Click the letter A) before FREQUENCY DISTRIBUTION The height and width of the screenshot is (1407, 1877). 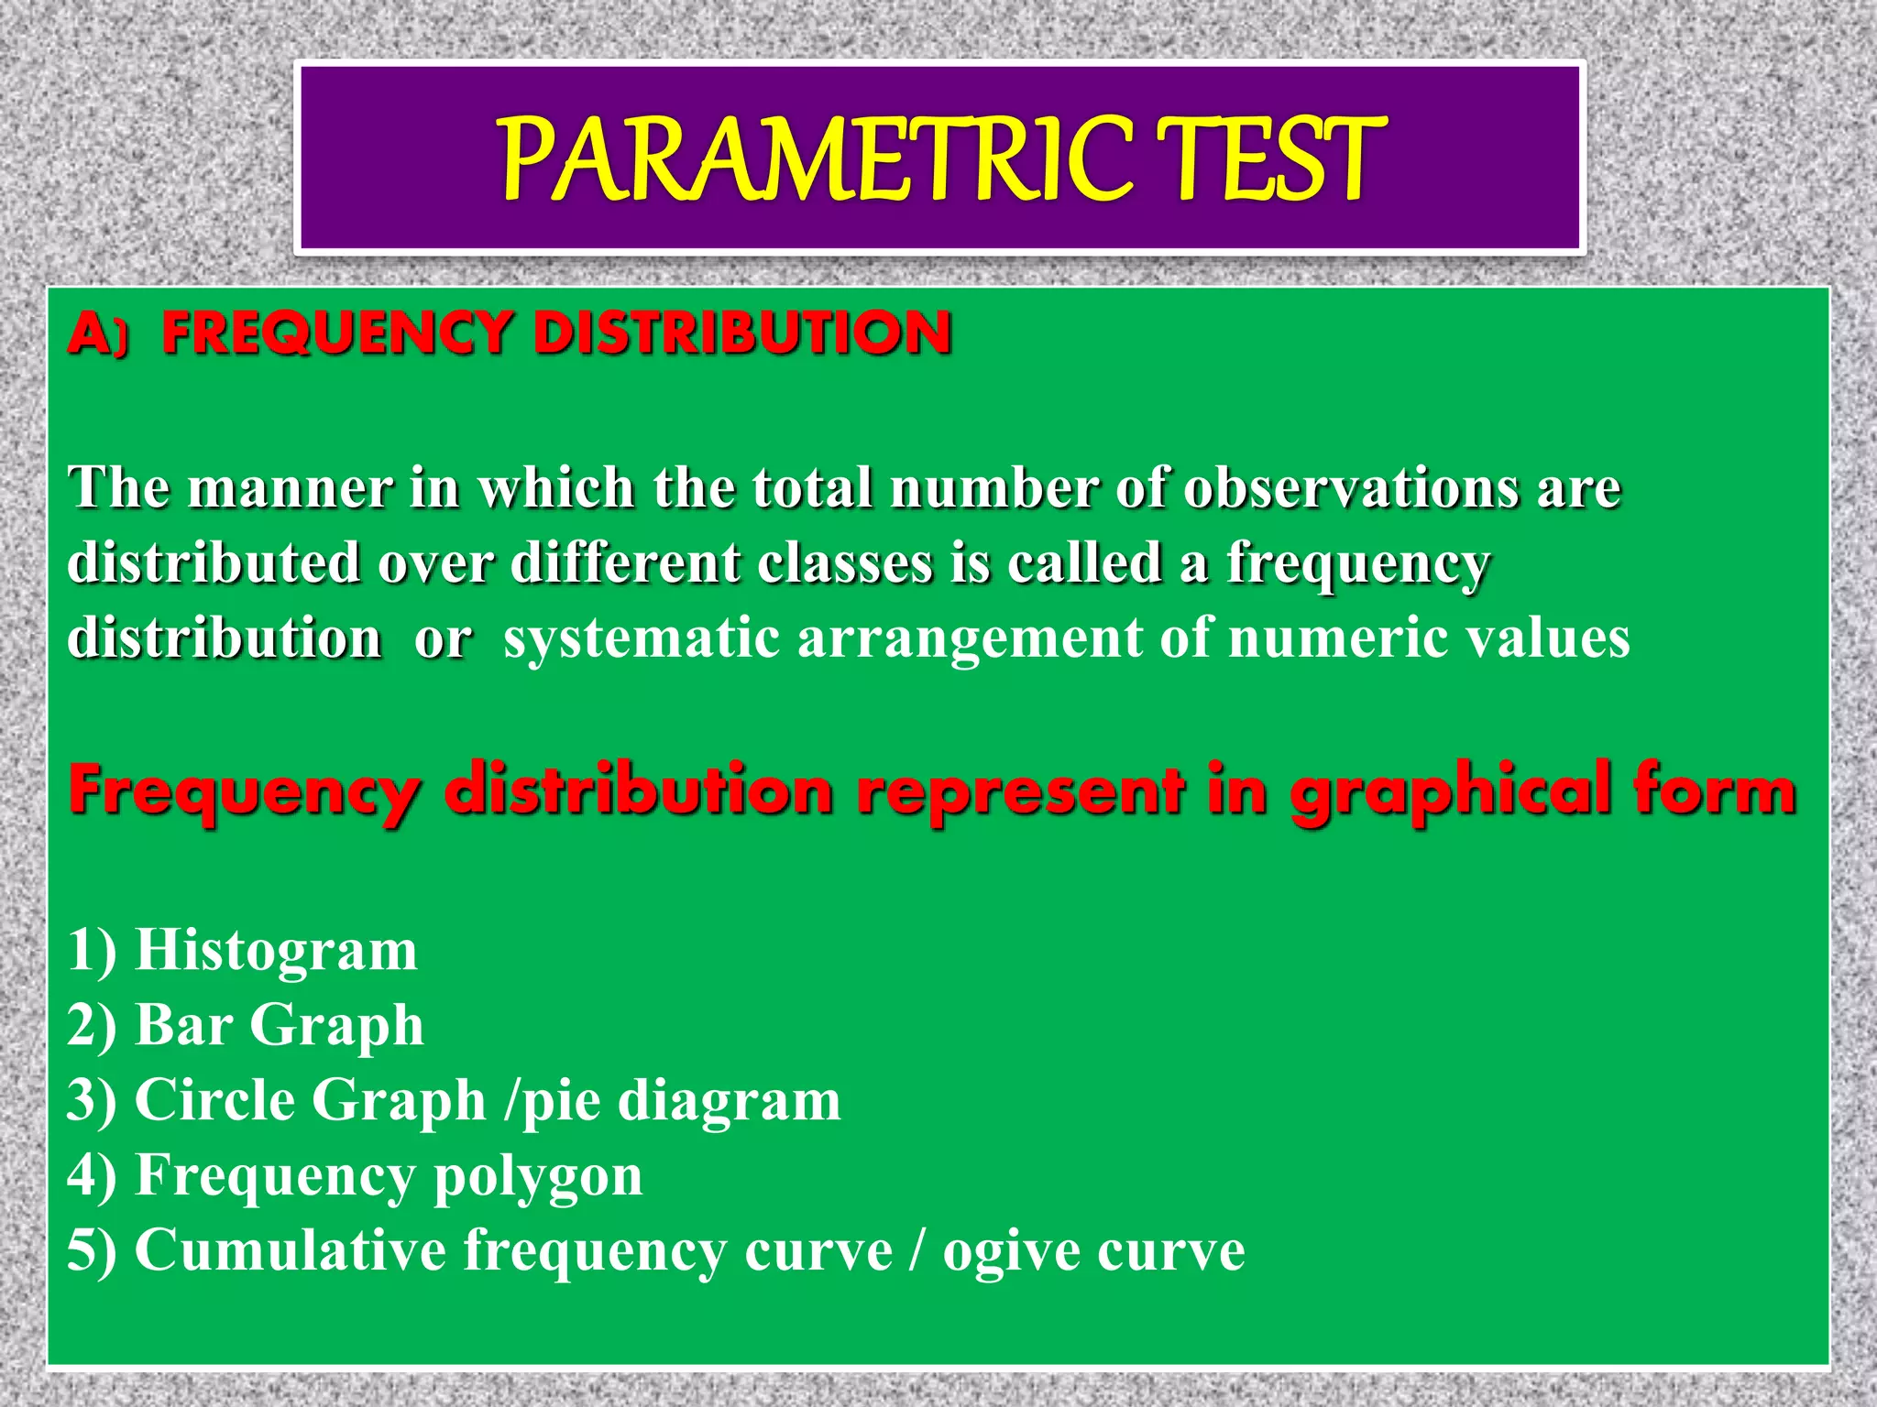point(97,333)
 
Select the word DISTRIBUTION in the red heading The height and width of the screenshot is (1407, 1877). point(742,333)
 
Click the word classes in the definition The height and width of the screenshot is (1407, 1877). point(844,562)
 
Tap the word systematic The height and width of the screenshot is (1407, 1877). point(642,638)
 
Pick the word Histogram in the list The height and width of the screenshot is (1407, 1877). point(276,951)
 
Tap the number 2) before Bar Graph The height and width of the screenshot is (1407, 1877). point(92,1026)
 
